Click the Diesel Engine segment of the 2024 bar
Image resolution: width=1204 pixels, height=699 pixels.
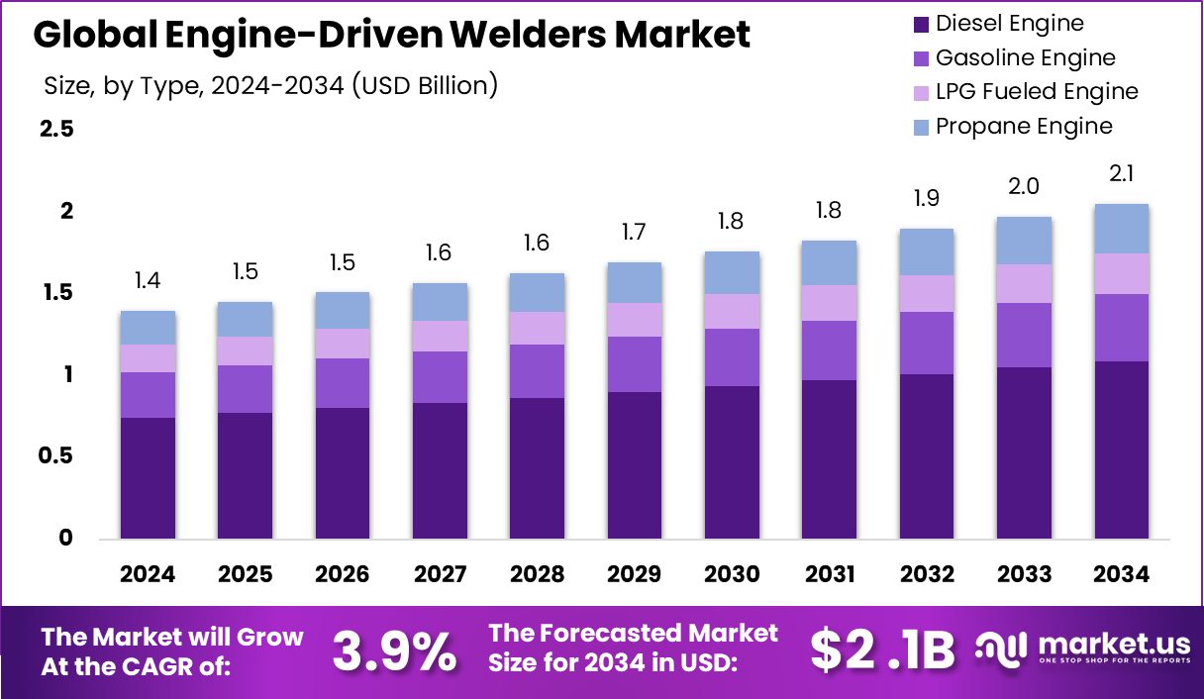click(x=148, y=478)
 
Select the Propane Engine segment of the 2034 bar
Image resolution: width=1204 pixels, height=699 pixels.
click(x=1121, y=229)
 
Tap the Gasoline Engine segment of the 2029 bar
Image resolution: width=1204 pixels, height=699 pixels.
click(x=634, y=364)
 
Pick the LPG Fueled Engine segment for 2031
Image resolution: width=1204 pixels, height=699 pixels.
click(x=828, y=303)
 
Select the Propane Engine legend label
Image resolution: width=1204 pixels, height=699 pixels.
click(x=1024, y=127)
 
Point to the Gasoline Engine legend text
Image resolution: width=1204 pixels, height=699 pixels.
click(x=1025, y=58)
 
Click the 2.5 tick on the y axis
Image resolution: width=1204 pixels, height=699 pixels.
click(x=56, y=130)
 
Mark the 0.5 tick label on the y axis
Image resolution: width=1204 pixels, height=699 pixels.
click(x=56, y=456)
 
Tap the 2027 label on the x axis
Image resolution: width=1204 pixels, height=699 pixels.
click(x=439, y=575)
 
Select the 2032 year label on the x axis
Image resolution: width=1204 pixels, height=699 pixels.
click(x=926, y=575)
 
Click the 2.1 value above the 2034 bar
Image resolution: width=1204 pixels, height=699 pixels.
click(x=1121, y=175)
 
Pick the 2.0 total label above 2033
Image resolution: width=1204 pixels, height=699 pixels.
click(x=1023, y=187)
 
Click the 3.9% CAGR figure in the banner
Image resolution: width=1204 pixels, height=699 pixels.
click(x=393, y=650)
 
